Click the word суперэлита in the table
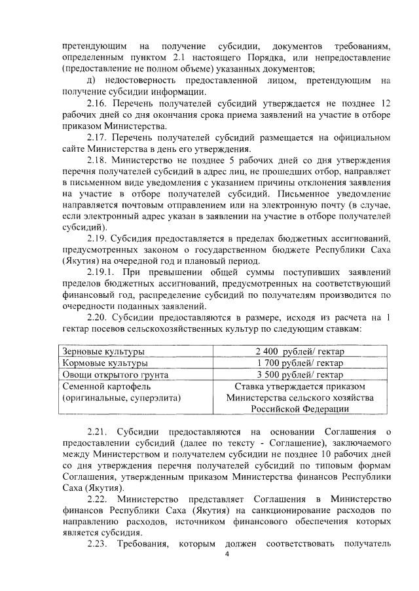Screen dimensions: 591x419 click(154, 397)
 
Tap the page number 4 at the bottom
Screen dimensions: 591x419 click(227, 555)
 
